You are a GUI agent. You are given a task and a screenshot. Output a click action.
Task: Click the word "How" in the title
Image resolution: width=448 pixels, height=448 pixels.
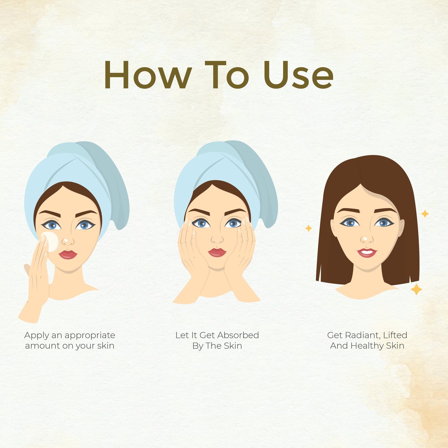pos(148,74)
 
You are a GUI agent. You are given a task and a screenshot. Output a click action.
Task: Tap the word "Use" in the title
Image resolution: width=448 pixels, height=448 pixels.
pos(298,74)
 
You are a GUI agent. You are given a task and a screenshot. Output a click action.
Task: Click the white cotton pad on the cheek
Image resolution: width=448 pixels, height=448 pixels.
pos(51,242)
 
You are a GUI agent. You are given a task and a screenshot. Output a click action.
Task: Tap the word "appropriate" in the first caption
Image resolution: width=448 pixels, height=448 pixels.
pos(90,336)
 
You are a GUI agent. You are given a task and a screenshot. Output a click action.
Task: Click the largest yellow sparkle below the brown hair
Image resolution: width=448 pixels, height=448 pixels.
pos(416,290)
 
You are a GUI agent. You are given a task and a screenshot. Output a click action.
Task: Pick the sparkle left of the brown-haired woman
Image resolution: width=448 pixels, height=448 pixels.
pos(308,228)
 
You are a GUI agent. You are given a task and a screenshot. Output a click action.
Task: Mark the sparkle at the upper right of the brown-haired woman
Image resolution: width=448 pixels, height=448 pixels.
pos(425,214)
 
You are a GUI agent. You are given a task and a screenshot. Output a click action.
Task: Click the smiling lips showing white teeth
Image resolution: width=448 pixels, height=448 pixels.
pos(367,253)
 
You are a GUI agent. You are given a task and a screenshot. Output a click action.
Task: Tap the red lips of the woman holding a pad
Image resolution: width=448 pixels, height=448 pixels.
pos(68,255)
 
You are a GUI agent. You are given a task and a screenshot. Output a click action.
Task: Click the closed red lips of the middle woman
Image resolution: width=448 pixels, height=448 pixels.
pos(217,252)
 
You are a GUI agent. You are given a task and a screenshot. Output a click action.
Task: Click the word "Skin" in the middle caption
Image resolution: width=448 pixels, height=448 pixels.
pos(233,346)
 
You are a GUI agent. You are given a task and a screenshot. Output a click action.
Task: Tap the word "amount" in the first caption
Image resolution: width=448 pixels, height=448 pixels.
pos(42,346)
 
